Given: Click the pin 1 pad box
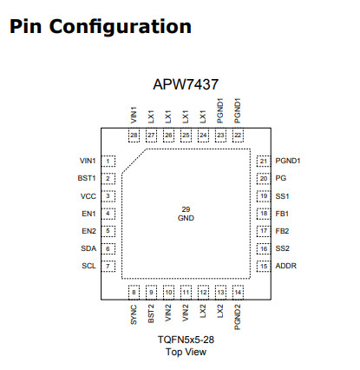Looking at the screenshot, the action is click(108, 161).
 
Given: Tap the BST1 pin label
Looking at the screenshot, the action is click(87, 178).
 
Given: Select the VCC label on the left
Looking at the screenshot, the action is click(88, 196).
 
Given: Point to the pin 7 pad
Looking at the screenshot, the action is click(108, 266).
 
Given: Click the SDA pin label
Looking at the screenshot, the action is click(88, 248).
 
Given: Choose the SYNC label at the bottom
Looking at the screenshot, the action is click(134, 314).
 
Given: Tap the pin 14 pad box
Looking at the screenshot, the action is click(238, 292).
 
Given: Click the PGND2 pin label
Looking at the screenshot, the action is click(238, 318).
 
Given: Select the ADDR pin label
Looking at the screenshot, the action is click(286, 266).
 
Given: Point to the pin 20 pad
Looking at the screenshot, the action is click(264, 179).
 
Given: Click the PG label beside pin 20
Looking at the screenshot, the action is click(281, 178).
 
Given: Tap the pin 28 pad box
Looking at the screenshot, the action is click(134, 135).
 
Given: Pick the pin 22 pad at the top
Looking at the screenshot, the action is click(238, 135).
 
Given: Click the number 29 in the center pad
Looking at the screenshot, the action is click(186, 209).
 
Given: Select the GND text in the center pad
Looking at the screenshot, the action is click(186, 218).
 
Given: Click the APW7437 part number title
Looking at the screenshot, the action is click(186, 84).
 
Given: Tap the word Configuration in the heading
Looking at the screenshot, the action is click(121, 28).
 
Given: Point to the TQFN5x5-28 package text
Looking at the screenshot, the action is click(186, 340).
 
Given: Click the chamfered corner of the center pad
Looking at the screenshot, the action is click(134, 161).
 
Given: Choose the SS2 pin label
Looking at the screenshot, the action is click(283, 248).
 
